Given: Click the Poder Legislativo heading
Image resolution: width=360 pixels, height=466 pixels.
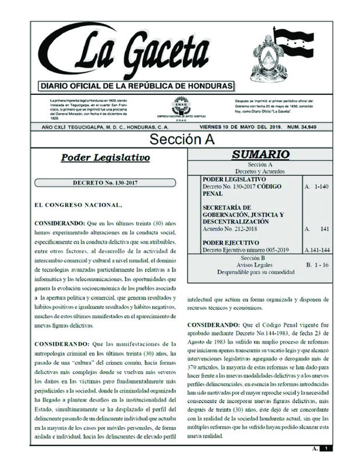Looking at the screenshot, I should [105, 157].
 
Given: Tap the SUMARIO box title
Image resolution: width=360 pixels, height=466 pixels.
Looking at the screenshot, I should [260, 154].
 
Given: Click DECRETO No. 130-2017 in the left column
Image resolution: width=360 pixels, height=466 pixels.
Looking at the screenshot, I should [105, 182].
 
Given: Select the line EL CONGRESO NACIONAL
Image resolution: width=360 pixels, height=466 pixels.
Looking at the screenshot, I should [70, 205].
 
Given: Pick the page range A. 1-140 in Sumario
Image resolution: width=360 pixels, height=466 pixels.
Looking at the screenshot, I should [317, 187].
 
